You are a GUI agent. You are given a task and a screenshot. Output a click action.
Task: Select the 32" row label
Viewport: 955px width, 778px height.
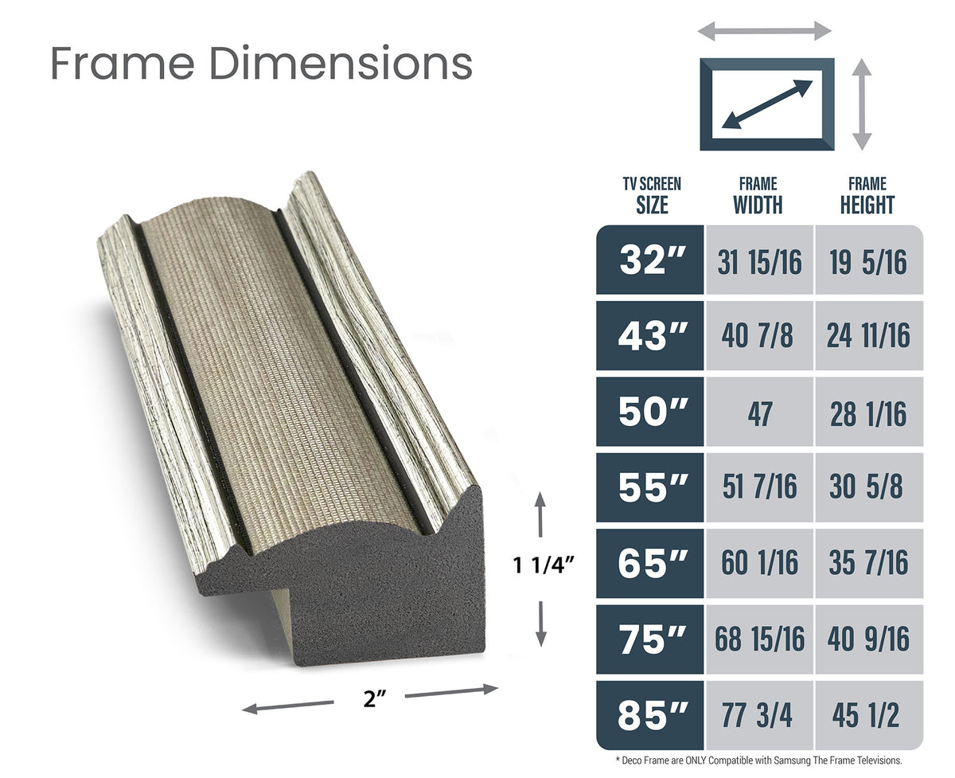click(x=650, y=260)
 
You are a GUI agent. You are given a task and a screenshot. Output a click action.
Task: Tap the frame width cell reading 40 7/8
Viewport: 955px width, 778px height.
click(x=758, y=336)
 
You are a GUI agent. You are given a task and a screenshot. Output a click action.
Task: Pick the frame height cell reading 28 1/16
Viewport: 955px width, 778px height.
click(x=868, y=412)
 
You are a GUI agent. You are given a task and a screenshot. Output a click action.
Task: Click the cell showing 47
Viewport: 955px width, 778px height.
click(x=758, y=412)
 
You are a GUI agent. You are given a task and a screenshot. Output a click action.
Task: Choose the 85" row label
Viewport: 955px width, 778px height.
click(x=650, y=715)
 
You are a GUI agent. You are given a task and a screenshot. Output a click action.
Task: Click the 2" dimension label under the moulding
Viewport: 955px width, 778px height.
click(x=370, y=700)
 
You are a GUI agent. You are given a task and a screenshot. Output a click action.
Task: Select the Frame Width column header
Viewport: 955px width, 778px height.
click(x=758, y=196)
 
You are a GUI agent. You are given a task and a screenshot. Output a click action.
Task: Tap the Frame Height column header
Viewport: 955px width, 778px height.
click(x=867, y=196)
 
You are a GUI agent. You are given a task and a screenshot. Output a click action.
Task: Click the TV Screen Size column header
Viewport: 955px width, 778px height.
click(x=652, y=196)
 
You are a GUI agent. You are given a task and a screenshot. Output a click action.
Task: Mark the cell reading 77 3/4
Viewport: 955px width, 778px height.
click(x=758, y=715)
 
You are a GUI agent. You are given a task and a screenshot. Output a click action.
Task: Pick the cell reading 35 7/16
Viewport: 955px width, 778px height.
click(x=868, y=563)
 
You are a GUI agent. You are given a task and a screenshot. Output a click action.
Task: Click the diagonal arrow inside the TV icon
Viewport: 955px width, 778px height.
click(x=766, y=104)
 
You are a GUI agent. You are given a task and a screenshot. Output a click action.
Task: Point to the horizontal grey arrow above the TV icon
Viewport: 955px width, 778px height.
click(x=764, y=32)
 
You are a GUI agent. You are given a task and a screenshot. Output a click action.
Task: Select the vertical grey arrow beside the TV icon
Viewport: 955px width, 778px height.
click(x=862, y=104)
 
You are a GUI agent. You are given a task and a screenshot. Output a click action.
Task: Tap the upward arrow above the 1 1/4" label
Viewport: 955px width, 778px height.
click(x=541, y=514)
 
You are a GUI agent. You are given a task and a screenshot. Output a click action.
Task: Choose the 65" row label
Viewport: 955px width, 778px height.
click(x=650, y=563)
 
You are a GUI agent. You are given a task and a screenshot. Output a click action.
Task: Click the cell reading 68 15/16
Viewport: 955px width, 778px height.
click(x=758, y=639)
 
